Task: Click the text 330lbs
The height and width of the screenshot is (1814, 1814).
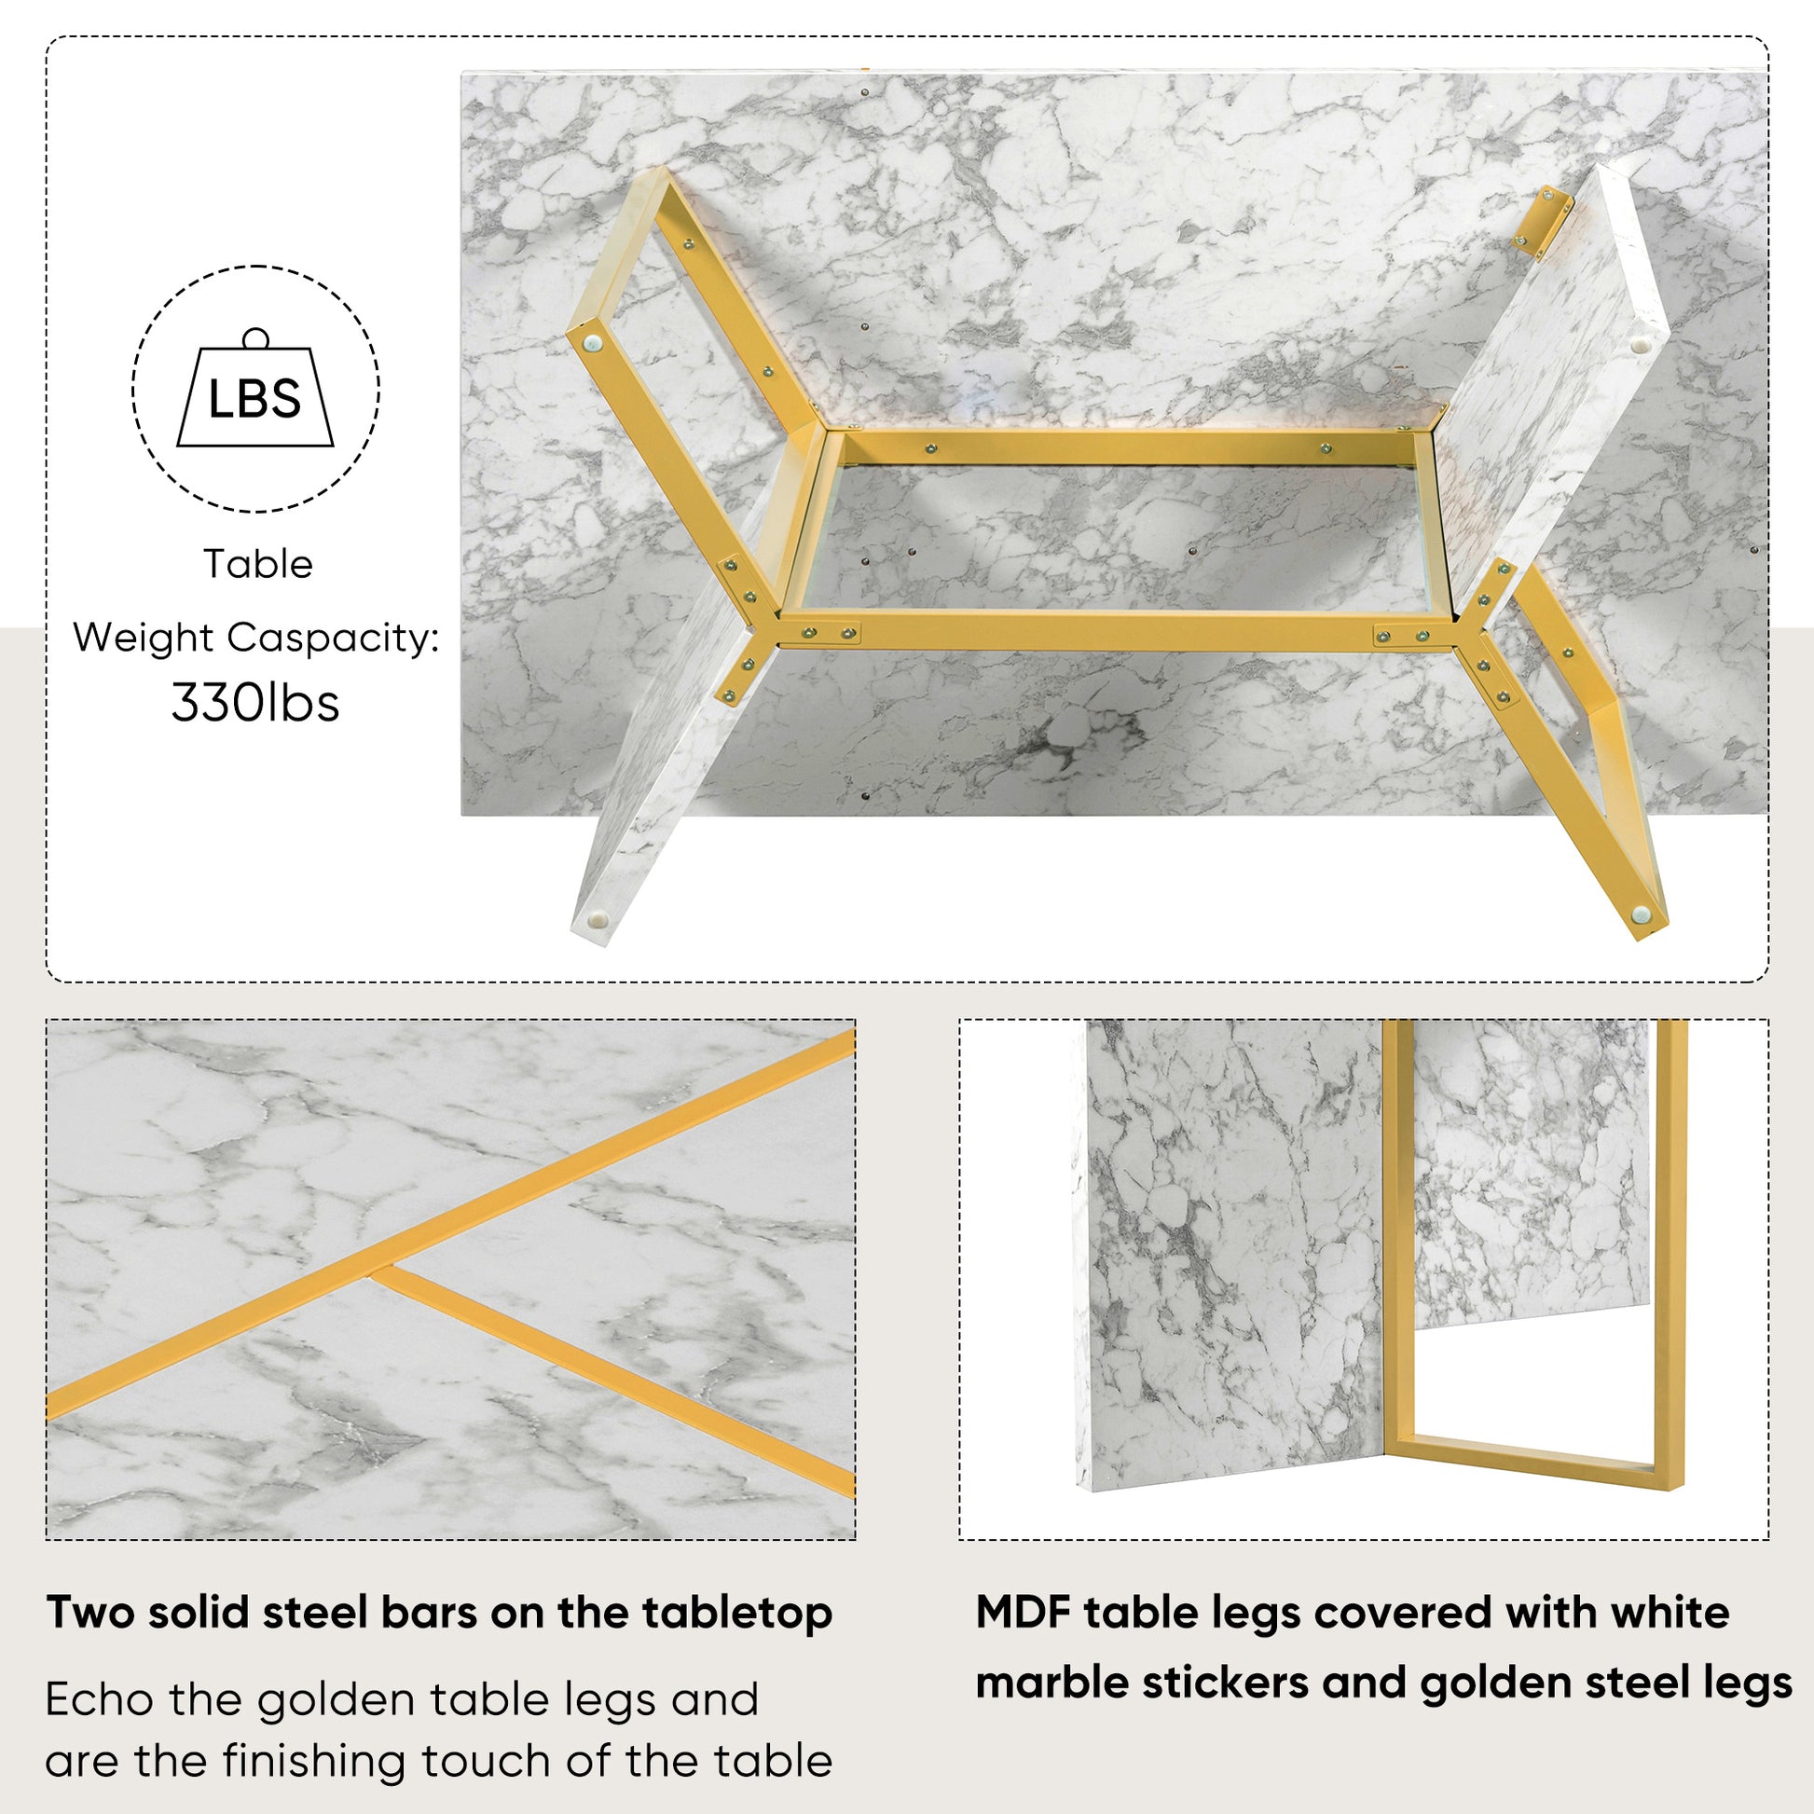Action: pyautogui.click(x=255, y=702)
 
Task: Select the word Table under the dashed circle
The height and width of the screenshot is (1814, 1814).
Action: pyautogui.click(x=258, y=564)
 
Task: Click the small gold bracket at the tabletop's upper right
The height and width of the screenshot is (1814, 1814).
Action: pyautogui.click(x=1540, y=222)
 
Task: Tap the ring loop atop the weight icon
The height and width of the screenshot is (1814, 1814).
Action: pyautogui.click(x=255, y=338)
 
